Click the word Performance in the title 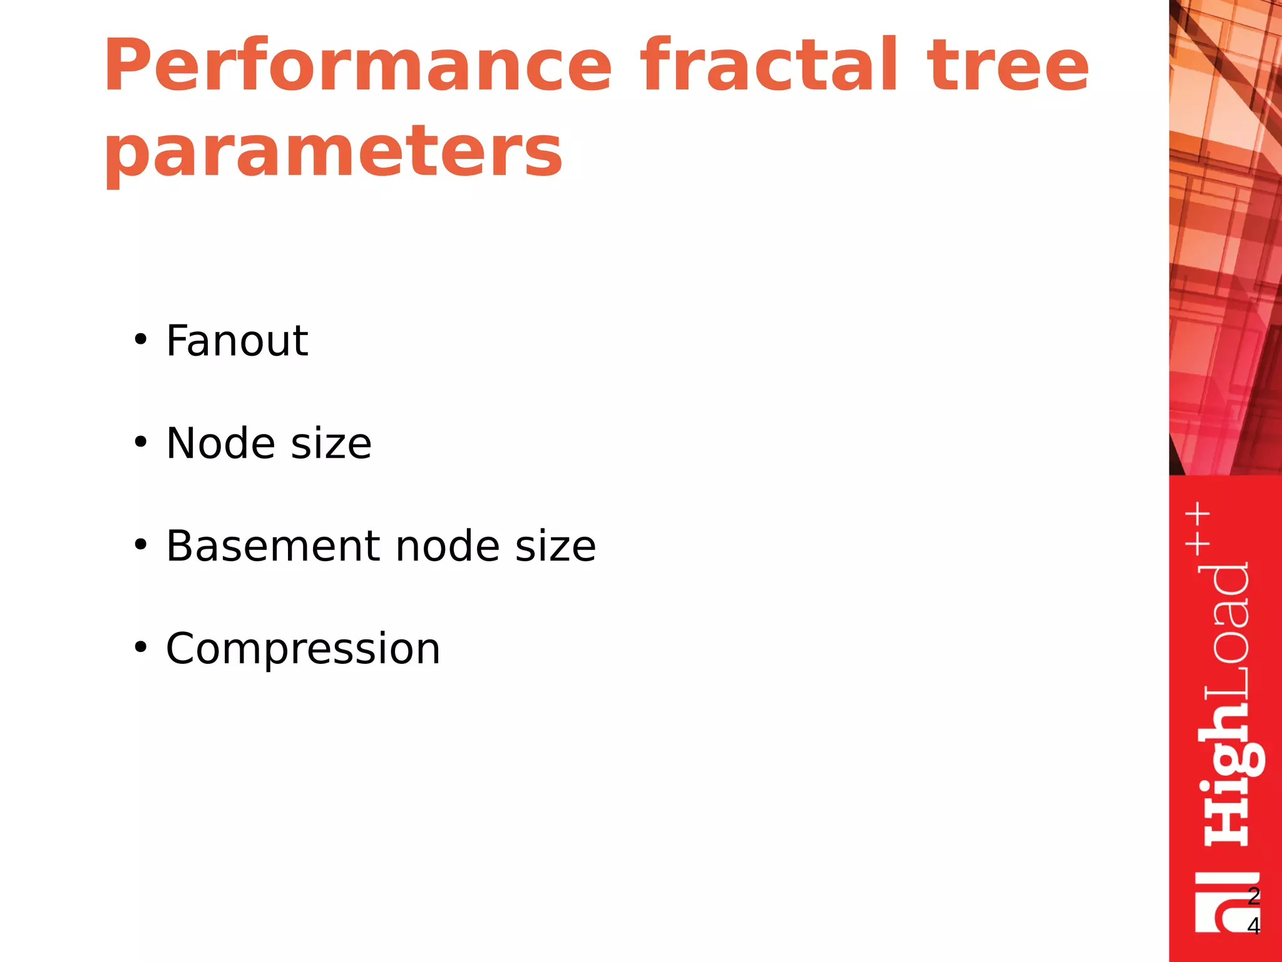pos(357,66)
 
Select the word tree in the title pos(1008,66)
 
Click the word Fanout pos(237,341)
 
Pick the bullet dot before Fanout pos(141,340)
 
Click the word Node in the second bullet pos(220,443)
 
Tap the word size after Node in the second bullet pos(331,443)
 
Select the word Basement pos(273,546)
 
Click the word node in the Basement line pos(448,546)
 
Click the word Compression pos(303,648)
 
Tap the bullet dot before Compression pos(141,648)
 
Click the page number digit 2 pos(1253,896)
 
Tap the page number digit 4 pos(1253,925)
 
